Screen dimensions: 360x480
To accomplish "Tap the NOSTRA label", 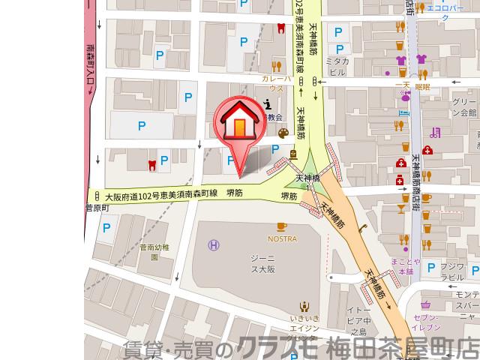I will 282,238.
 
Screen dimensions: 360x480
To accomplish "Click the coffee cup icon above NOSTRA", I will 282,226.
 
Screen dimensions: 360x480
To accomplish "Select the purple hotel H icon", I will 214,244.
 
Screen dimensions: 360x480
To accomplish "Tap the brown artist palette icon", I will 283,133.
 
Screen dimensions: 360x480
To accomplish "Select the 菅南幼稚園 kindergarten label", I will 154,250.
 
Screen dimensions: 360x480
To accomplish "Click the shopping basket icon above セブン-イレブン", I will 425,304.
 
